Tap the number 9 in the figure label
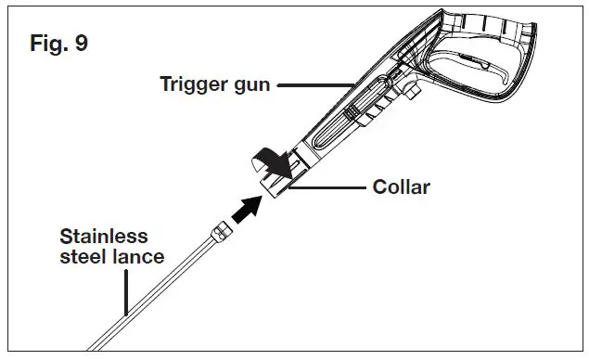[x=82, y=45]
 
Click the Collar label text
[x=401, y=187]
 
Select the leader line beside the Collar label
[x=325, y=187]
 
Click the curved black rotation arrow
[x=272, y=163]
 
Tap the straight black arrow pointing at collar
[x=242, y=209]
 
